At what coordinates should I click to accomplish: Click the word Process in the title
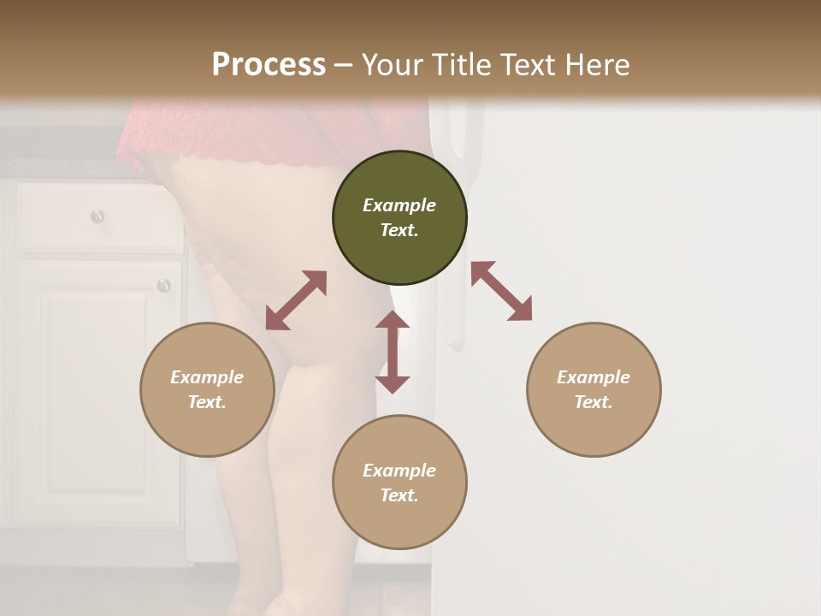pos(269,65)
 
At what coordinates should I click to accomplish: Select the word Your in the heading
pos(393,65)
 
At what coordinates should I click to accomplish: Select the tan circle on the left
pos(207,428)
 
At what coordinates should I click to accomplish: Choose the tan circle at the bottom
pos(399,522)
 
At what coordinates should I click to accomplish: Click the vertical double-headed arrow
pos(393,352)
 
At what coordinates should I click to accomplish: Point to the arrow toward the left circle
pos(296,300)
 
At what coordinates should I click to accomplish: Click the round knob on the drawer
pos(97,216)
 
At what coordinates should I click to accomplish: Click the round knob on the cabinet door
pos(163,285)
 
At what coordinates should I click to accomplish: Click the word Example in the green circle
pos(399,205)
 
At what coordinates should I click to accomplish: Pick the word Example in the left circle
pos(207,377)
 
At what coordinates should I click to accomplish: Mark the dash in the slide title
pos(344,65)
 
